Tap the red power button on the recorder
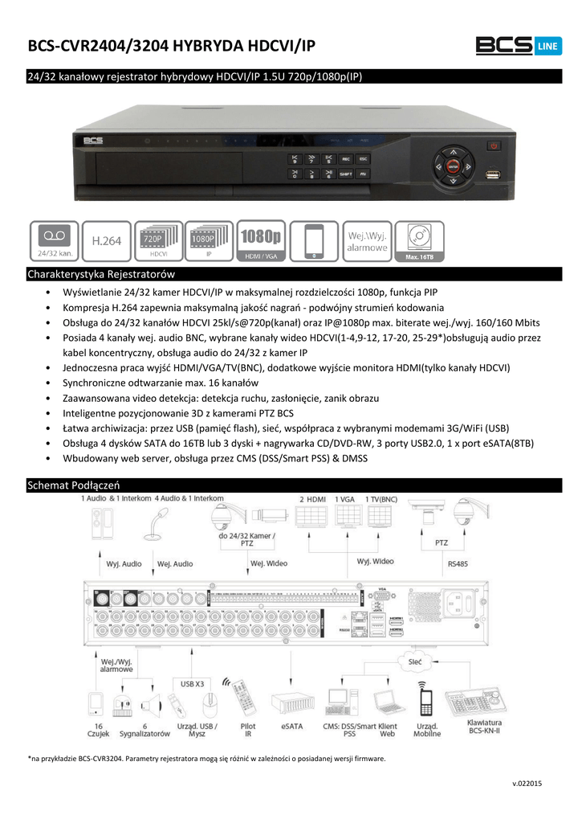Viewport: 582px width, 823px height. tap(494, 146)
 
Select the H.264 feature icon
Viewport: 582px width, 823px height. tap(106, 240)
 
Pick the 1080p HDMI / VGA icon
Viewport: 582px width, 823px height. tap(263, 240)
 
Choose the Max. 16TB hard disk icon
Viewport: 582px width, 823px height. tap(419, 240)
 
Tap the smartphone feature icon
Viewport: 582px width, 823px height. tap(315, 240)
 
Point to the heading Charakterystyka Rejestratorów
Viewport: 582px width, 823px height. tap(101, 275)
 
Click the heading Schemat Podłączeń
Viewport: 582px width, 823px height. tap(73, 485)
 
